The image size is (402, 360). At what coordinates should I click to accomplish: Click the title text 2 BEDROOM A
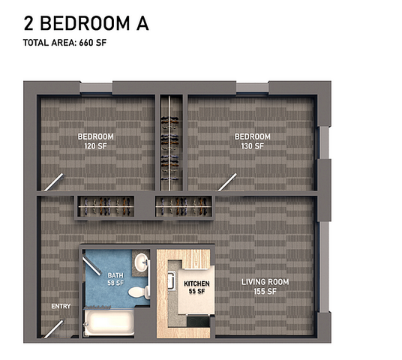tap(86, 23)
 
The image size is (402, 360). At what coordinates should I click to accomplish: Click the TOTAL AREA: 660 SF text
tap(64, 43)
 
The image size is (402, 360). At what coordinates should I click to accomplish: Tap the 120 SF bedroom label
tap(96, 141)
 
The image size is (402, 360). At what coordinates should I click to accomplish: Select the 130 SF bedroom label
tap(253, 141)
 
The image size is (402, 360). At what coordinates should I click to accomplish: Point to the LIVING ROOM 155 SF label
tap(265, 286)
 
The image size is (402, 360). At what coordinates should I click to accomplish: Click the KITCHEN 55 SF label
tap(196, 287)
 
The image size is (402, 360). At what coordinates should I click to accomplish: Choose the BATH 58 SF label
tap(115, 279)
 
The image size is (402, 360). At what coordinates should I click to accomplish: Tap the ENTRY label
tap(61, 306)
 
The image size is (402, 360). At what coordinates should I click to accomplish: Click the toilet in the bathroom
tap(139, 292)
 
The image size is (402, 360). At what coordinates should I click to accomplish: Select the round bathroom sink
tap(140, 262)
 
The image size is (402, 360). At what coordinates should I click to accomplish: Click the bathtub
tap(109, 322)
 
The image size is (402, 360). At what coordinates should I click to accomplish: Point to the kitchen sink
tap(171, 280)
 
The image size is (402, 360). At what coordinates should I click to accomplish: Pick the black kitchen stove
tap(198, 321)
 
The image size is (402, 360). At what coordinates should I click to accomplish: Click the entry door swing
tap(53, 329)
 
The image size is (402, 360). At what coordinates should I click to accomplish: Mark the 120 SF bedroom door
tap(53, 182)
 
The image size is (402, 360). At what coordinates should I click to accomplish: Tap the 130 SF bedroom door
tap(227, 182)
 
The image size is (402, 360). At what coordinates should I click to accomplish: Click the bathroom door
tap(91, 266)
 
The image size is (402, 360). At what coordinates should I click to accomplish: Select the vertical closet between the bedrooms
tap(169, 143)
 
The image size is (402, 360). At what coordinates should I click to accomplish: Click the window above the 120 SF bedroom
tap(96, 88)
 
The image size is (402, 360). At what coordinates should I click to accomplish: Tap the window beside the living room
tap(324, 267)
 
